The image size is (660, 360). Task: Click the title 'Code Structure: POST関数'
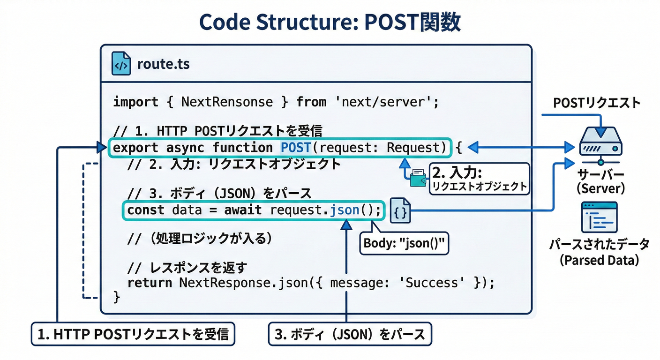coord(330,22)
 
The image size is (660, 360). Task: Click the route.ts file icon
coord(121,64)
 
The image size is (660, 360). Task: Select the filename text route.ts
coord(163,64)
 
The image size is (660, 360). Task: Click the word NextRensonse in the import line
coord(227,102)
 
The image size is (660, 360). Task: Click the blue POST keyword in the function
coord(296,148)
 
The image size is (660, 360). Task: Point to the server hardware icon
coord(600,142)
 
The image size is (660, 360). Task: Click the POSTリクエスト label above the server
coord(597,103)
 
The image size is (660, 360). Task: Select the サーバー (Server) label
coord(600,181)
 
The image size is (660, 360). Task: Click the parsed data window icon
coord(600,217)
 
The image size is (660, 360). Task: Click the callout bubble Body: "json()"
coord(404,243)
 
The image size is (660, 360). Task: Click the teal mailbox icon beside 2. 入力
coord(417,178)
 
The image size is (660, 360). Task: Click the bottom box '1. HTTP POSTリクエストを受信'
coord(133,334)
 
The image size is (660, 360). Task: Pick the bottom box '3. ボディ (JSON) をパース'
coord(350,334)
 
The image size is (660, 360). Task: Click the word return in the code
coord(150,283)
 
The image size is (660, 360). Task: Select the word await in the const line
coord(243,210)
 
